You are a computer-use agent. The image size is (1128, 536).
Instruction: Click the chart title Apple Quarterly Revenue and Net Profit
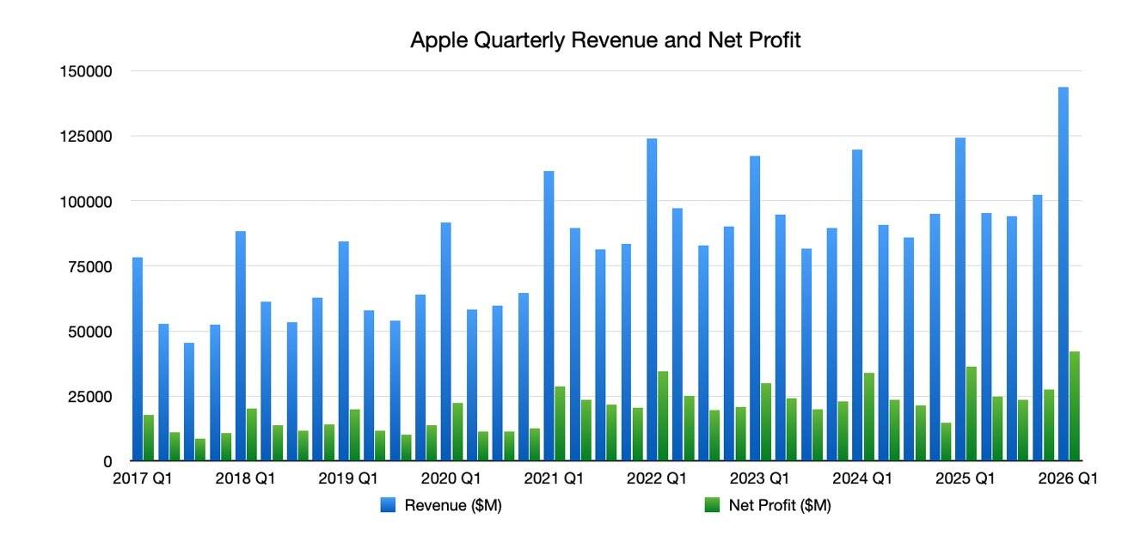click(605, 40)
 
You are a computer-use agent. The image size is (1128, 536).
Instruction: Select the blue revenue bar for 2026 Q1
click(1063, 275)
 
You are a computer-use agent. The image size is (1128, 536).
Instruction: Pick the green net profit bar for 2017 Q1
click(149, 438)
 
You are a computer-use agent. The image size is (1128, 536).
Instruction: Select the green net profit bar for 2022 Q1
click(663, 417)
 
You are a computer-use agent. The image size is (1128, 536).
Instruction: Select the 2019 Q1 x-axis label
click(347, 479)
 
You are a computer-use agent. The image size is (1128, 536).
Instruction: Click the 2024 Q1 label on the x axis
click(862, 479)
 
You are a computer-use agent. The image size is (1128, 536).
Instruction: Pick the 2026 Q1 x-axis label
click(1068, 479)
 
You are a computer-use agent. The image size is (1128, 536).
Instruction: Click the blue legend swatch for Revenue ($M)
click(388, 507)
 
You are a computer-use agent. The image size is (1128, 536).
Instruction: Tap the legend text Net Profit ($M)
click(779, 507)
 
